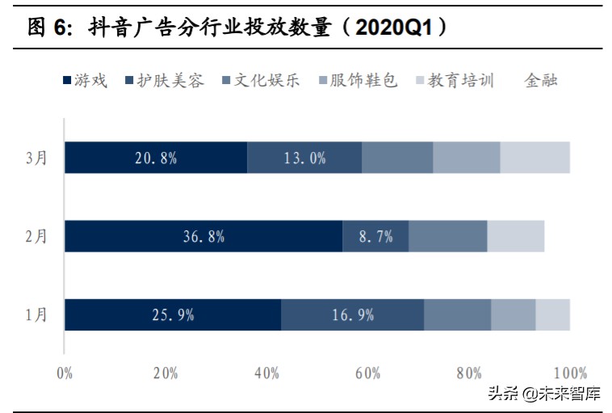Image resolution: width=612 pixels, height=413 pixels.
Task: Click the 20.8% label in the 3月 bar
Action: pos(156,158)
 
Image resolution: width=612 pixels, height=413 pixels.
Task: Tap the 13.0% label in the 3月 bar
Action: pos(305,158)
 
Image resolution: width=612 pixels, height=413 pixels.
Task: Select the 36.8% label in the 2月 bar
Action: pos(203,236)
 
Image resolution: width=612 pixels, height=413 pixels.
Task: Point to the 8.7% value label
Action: pos(375,236)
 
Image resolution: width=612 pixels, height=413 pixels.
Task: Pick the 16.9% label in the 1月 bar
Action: pos(353,314)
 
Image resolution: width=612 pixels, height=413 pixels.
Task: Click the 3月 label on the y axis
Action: pos(36,158)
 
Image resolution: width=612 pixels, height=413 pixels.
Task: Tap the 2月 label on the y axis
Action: pos(36,236)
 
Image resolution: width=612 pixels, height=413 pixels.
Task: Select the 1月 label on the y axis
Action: pos(36,314)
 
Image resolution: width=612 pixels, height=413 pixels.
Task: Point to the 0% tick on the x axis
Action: pos(65,373)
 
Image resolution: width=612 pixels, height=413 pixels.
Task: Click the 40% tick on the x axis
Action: pos(266,373)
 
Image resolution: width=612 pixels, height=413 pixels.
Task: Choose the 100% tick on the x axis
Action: pos(571,373)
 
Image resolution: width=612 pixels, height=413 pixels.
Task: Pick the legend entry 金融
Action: pos(541,80)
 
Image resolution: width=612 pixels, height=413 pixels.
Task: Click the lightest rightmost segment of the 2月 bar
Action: pos(515,236)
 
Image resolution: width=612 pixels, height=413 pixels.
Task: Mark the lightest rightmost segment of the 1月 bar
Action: pos(552,314)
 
